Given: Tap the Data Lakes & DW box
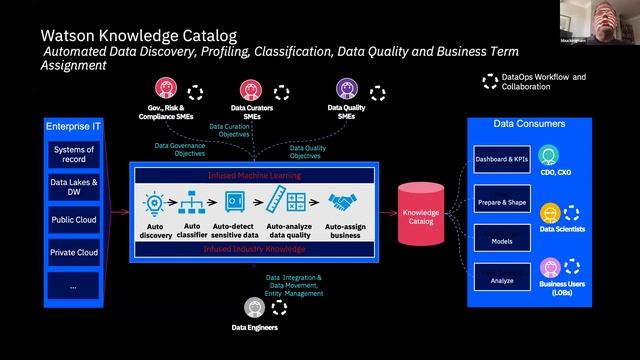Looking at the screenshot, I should [x=73, y=188].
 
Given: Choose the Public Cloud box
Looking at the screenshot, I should [x=73, y=220].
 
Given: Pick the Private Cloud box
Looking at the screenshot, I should [x=73, y=253].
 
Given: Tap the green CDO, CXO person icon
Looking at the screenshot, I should [x=548, y=156].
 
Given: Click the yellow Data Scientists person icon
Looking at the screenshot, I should [x=548, y=213].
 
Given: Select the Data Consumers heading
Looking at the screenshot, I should [x=529, y=123].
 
